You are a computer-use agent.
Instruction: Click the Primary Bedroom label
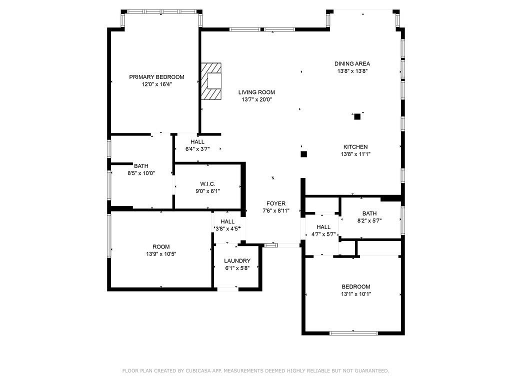(x=156, y=77)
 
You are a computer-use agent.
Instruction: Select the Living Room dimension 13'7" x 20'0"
(x=256, y=99)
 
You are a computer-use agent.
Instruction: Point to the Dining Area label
(x=352, y=63)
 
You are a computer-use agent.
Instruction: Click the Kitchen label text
(x=355, y=147)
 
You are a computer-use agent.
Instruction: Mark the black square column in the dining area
(x=357, y=117)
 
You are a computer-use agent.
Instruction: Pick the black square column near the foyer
(x=303, y=154)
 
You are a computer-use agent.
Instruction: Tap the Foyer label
(x=276, y=203)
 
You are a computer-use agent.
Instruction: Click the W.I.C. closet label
(x=207, y=183)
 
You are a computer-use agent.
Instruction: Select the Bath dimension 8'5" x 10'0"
(x=141, y=173)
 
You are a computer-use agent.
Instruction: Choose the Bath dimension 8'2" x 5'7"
(x=369, y=220)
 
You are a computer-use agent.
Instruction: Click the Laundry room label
(x=237, y=261)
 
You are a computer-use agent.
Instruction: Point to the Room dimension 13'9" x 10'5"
(x=161, y=254)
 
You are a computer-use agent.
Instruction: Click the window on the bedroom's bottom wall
(x=353, y=332)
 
